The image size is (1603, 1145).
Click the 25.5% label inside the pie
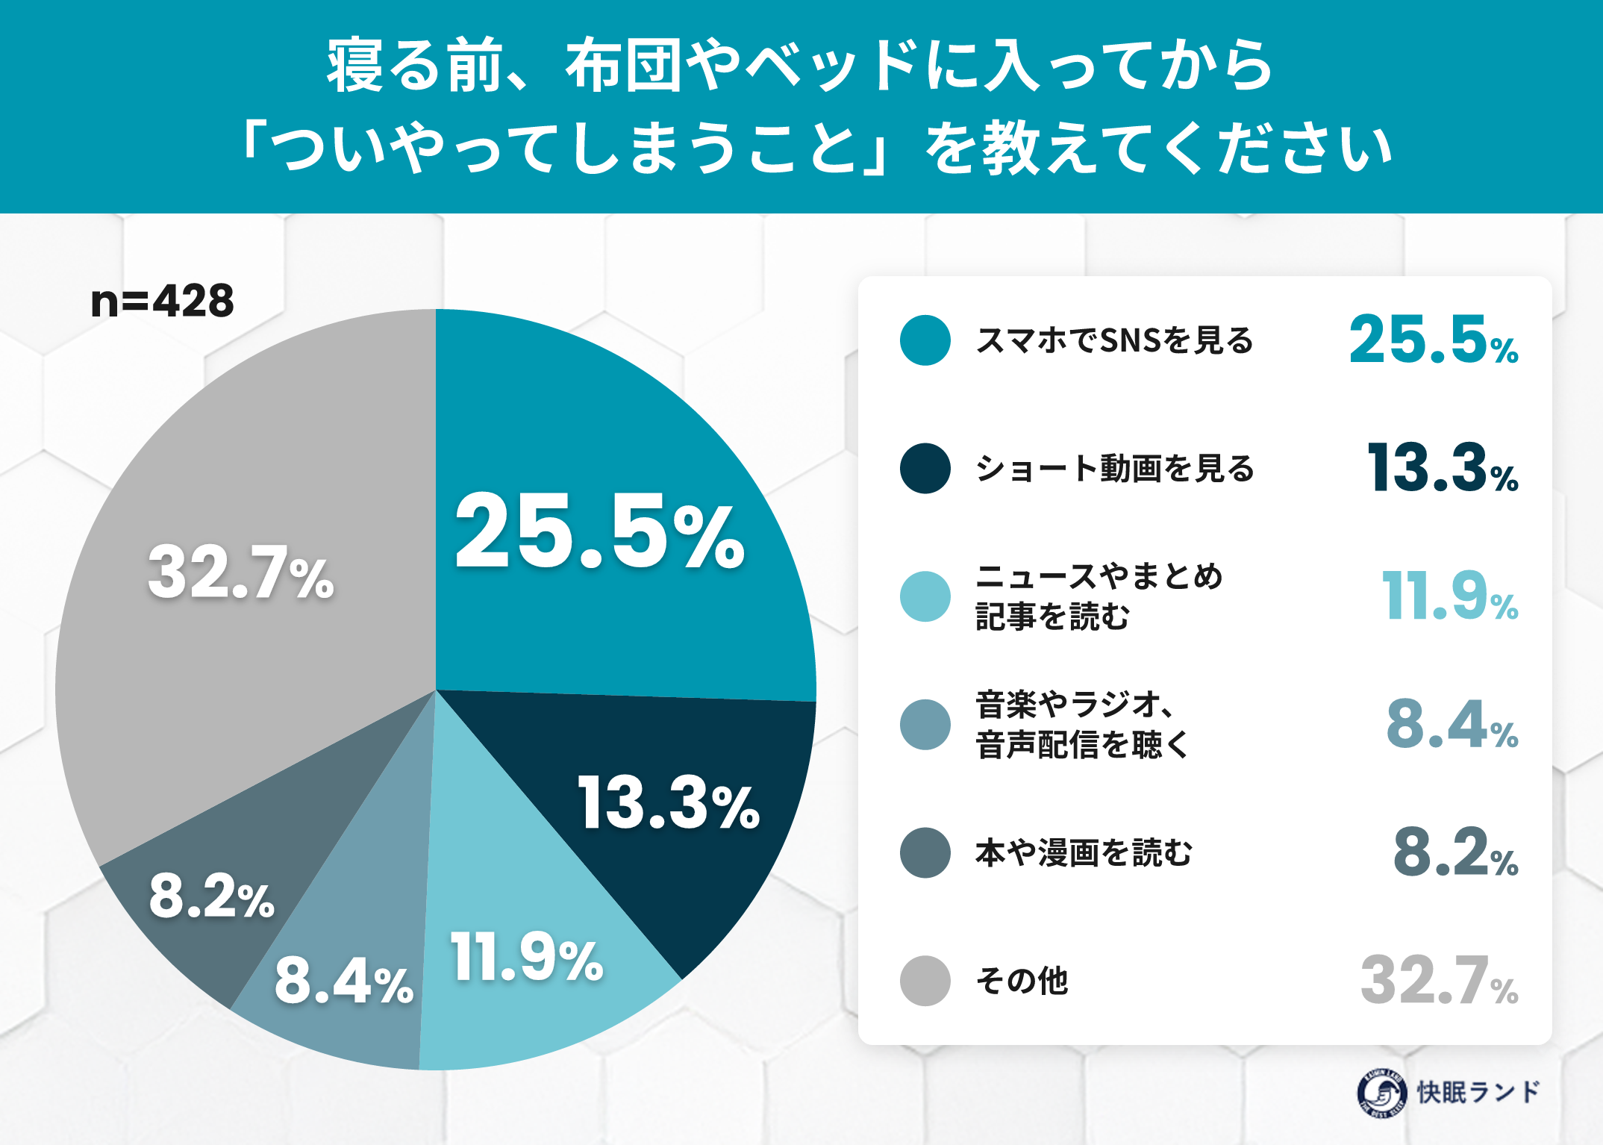click(600, 531)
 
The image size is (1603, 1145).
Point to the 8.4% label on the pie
click(343, 981)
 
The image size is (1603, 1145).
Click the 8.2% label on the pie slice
click(212, 896)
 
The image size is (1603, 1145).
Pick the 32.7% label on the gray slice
click(240, 572)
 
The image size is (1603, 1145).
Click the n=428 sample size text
click(162, 301)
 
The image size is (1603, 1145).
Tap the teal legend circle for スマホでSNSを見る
click(925, 340)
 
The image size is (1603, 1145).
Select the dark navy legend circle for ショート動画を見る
click(925, 469)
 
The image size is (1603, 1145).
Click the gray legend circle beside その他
click(925, 981)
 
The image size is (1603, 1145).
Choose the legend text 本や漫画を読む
click(1084, 852)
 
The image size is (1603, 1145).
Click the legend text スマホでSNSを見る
click(1115, 340)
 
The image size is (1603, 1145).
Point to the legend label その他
click(1022, 981)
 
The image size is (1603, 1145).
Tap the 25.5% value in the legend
click(1434, 340)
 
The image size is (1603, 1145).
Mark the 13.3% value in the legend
click(1443, 468)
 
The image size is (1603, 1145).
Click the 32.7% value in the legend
click(1440, 980)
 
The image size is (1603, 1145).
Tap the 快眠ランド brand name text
click(1478, 1092)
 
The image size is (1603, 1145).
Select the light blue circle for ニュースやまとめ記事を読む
click(925, 596)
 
